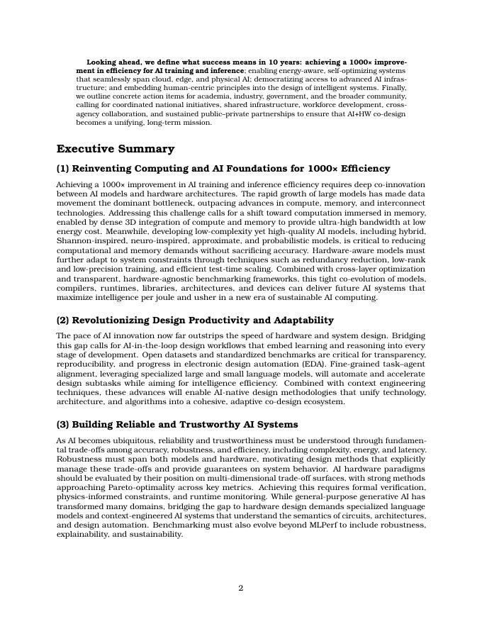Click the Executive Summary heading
tap(116, 149)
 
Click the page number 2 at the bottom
tap(241, 588)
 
